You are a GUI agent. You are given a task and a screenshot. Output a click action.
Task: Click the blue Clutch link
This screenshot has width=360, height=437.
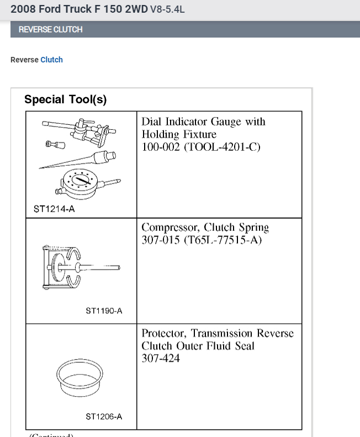tap(51, 60)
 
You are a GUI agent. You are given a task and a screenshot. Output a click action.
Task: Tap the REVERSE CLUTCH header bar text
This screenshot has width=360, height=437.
tap(50, 29)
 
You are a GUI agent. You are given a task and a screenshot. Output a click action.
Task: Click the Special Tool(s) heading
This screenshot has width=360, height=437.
tap(65, 99)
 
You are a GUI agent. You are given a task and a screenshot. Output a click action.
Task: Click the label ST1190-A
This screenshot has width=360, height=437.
tap(104, 311)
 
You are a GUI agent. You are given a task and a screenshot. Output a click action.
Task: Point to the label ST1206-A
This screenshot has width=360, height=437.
tap(104, 416)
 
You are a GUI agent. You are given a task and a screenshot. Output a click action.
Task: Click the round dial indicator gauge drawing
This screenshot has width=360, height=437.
tap(83, 182)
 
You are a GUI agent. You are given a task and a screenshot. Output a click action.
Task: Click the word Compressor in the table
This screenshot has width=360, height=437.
tap(171, 227)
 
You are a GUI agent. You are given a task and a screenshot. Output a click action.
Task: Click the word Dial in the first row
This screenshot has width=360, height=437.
tap(151, 122)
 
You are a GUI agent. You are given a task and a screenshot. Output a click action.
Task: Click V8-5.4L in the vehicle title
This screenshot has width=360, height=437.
tap(171, 9)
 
